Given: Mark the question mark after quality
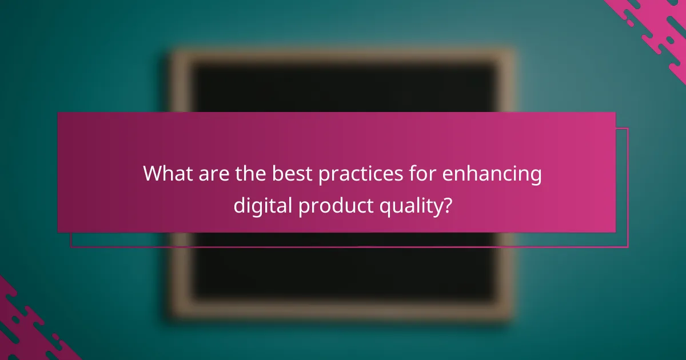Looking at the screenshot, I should (448, 203).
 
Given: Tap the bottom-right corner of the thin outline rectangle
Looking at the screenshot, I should (628, 247).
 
